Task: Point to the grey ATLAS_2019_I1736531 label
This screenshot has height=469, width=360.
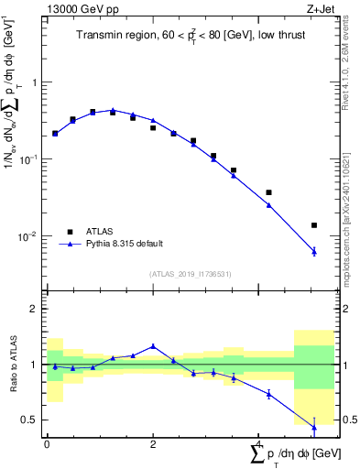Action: coord(190,274)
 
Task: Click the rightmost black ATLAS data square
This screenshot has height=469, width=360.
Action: coord(314,225)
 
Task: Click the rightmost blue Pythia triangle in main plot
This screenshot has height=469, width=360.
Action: coord(314,251)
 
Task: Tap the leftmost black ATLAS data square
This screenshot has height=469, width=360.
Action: coord(55,134)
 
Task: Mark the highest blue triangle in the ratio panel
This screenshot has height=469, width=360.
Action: coord(153,346)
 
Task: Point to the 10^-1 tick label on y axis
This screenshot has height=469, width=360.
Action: coord(32,159)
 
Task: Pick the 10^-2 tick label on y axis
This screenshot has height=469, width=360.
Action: coord(32,236)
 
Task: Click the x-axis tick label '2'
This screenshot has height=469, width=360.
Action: coord(153,442)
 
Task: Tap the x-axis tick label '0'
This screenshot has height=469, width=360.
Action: coord(47,442)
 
